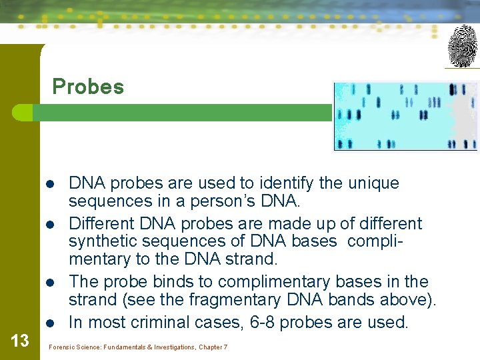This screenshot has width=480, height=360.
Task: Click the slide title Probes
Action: [x=88, y=87]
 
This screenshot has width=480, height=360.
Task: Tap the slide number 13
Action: [x=20, y=341]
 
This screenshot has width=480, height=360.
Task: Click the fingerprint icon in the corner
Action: [x=462, y=46]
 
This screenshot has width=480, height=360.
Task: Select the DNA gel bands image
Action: [x=405, y=116]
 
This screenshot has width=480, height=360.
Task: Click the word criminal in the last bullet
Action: [x=159, y=323]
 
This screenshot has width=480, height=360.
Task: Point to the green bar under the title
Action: [x=180, y=112]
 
